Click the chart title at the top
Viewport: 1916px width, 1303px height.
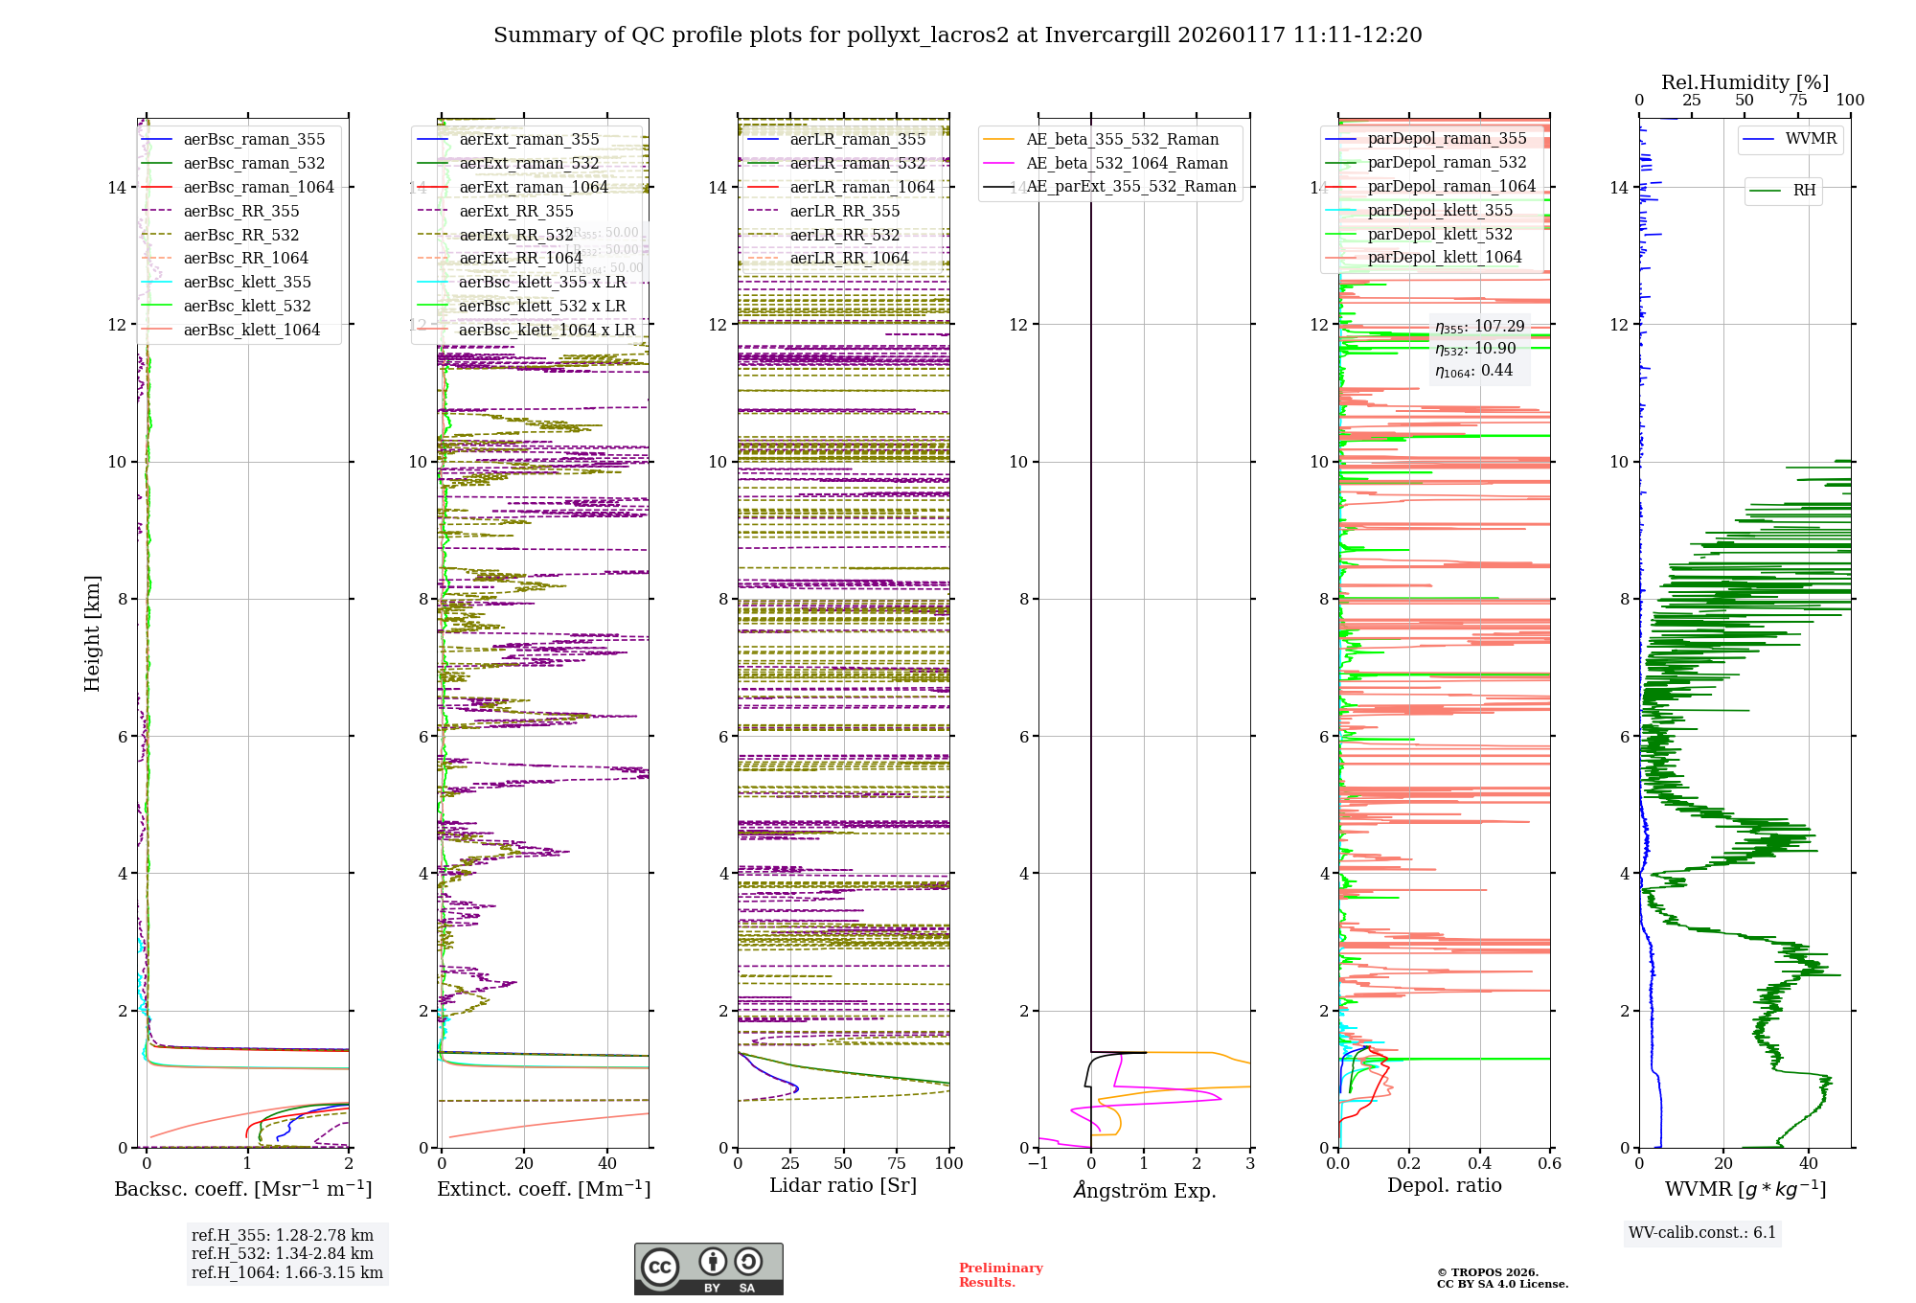point(957,35)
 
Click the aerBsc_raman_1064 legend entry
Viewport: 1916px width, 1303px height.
point(259,187)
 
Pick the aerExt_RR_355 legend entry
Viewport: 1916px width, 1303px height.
point(516,211)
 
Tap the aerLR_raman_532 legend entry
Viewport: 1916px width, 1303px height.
point(857,163)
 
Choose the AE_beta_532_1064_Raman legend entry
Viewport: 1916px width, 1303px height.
point(1127,163)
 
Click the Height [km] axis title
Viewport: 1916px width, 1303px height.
point(92,632)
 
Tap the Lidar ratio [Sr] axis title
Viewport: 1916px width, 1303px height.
point(843,1185)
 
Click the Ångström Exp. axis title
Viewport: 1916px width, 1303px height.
point(1145,1190)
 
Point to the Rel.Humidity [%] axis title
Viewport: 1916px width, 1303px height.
point(1745,82)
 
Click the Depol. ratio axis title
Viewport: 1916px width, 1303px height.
point(1445,1185)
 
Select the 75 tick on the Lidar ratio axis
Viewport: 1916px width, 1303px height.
point(897,1163)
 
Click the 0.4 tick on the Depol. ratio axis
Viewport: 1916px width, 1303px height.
point(1479,1163)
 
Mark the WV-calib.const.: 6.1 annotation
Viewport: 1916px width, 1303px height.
point(1702,1232)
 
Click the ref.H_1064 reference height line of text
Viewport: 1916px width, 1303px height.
point(287,1272)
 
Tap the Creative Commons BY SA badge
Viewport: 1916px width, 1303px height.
point(709,1269)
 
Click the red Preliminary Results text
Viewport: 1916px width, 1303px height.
point(1000,1274)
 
